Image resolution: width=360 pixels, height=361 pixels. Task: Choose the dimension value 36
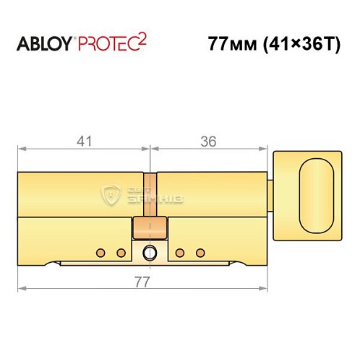click(x=210, y=143)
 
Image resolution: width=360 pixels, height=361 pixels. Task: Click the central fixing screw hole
click(x=150, y=253)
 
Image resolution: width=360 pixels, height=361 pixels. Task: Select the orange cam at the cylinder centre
click(x=150, y=230)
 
